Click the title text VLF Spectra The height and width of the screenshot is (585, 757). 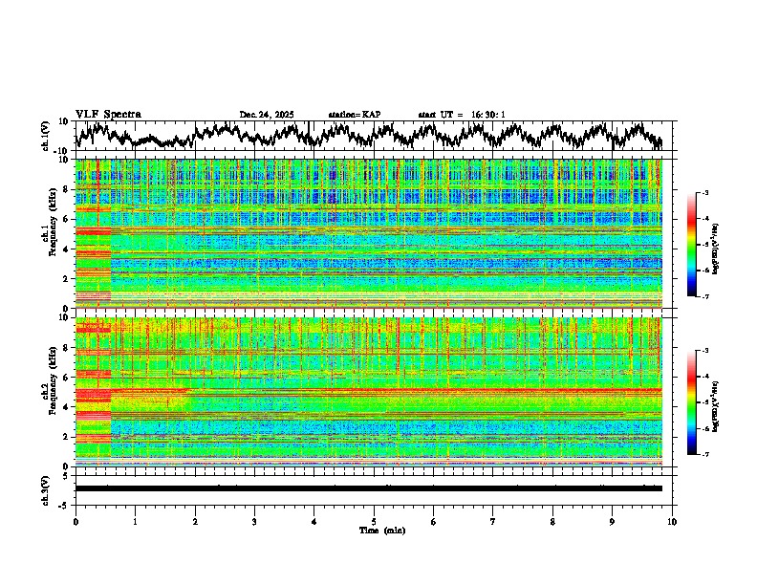[x=108, y=115]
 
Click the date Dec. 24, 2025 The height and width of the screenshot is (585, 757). [x=267, y=115]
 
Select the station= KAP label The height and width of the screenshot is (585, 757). [x=355, y=115]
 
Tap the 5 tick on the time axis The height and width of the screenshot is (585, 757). [x=374, y=522]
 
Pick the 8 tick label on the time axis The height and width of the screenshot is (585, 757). [x=552, y=522]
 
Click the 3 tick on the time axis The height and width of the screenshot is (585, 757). [x=254, y=522]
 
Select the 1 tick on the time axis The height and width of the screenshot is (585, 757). [x=135, y=522]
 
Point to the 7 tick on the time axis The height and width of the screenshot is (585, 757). [x=493, y=522]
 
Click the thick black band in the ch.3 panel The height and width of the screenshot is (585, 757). [x=368, y=488]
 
